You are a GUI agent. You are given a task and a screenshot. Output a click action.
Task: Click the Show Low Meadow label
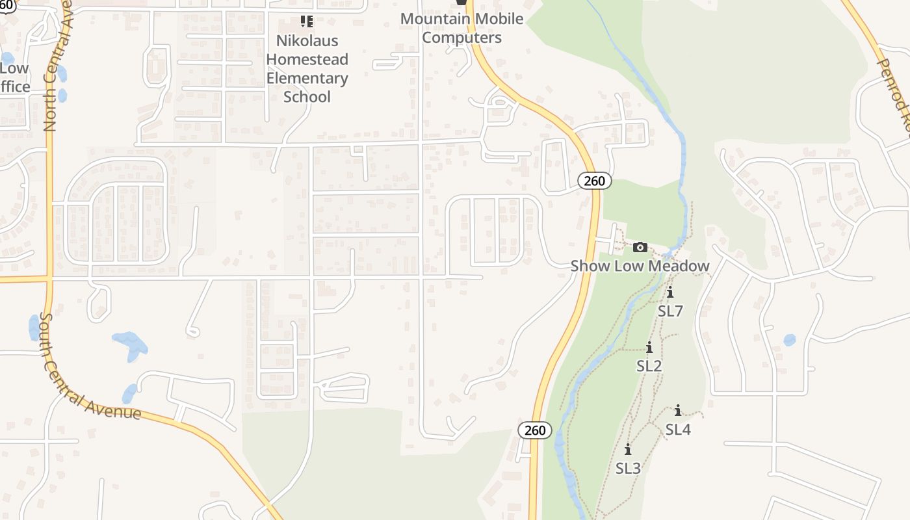640,266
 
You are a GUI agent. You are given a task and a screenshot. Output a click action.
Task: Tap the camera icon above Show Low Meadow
640,247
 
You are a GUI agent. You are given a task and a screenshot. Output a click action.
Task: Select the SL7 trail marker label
670,311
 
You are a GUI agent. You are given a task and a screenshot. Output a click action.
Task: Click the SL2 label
649,366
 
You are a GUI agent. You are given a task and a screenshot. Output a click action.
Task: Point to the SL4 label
678,429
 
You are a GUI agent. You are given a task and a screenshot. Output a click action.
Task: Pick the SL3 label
628,468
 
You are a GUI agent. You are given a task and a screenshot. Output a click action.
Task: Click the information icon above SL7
670,293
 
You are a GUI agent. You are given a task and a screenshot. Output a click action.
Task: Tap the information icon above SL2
649,348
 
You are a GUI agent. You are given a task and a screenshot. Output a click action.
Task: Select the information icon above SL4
678,411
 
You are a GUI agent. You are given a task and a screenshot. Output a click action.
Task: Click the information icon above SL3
628,450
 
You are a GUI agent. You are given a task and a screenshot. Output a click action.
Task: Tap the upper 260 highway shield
594,181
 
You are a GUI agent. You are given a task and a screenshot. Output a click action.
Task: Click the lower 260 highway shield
535,430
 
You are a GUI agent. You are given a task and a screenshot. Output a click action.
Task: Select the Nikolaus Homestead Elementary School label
307,68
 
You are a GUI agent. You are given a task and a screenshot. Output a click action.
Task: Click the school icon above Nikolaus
307,21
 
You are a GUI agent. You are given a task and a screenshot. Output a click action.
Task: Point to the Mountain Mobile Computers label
461,28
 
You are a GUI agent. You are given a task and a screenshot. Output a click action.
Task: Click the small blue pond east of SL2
789,339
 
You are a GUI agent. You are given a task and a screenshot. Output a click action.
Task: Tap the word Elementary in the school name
307,78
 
